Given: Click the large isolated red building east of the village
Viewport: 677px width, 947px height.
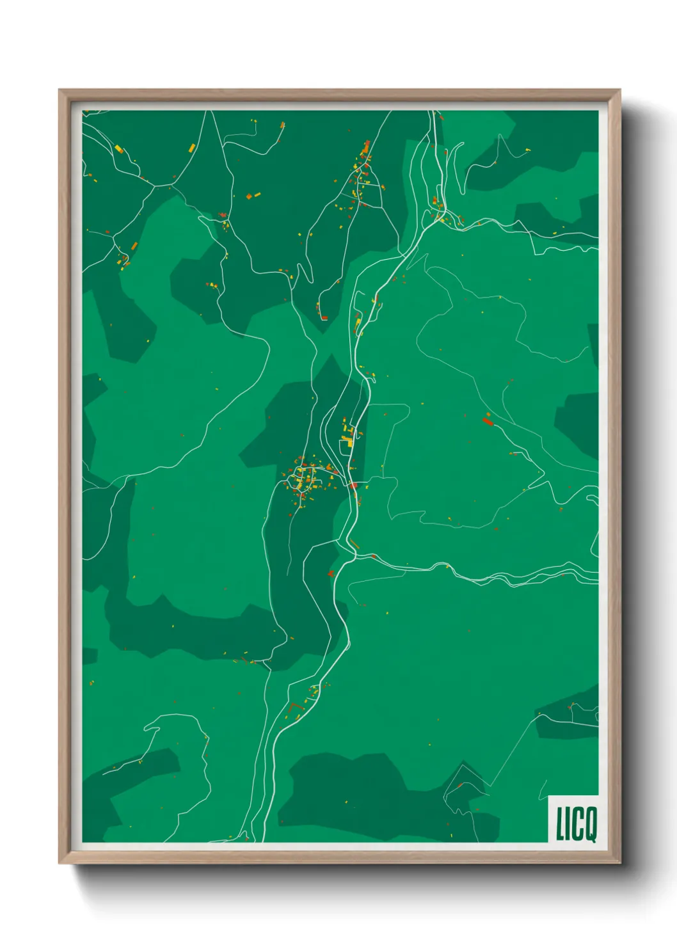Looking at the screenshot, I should coord(488,420).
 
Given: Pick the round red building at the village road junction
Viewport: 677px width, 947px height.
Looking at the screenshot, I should coord(353,486).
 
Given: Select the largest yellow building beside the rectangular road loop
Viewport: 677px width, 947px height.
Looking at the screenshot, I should coord(350,441).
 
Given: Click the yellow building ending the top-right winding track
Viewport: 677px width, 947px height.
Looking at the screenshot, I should coord(528,150).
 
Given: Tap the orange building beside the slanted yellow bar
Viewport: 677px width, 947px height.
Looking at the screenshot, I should coord(134,245).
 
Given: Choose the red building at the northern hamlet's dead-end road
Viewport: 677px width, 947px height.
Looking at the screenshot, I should coord(324,317).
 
